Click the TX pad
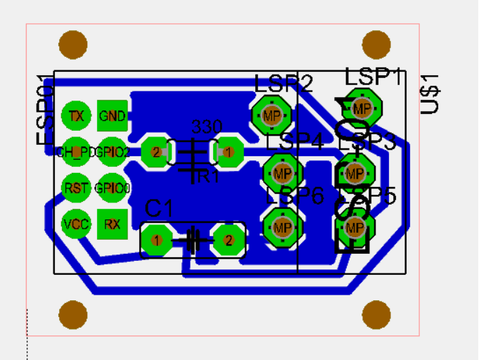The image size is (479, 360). [x=76, y=116]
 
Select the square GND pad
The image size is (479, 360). [x=112, y=116]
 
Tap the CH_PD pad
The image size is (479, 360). [x=76, y=151]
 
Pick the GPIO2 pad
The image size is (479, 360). [x=112, y=151]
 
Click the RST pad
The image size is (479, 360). [x=76, y=188]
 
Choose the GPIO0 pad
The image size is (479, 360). [x=112, y=188]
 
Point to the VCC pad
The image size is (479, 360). [x=76, y=224]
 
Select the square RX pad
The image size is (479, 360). [x=112, y=224]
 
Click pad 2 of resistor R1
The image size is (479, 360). [x=156, y=151]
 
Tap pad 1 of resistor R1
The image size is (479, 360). [x=228, y=151]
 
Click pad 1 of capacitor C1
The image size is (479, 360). [x=156, y=240]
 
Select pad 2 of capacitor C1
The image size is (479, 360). [x=228, y=240]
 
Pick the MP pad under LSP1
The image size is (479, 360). [x=362, y=108]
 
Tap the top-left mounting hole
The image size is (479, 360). [x=72, y=44]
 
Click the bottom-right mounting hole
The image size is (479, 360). [x=376, y=315]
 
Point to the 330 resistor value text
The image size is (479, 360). [x=207, y=127]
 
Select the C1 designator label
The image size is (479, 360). [x=159, y=208]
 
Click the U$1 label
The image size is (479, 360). [x=429, y=94]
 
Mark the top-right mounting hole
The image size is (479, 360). [x=376, y=44]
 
